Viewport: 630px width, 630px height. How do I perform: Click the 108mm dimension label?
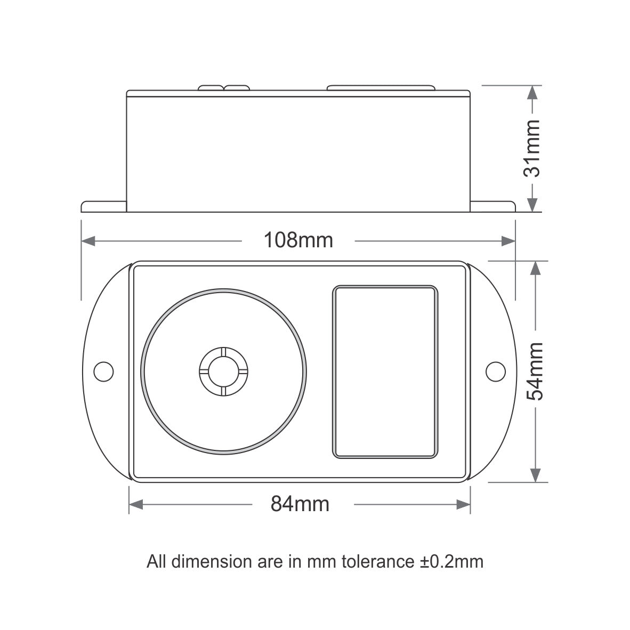tap(298, 240)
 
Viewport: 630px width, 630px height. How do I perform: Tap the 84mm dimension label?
tap(300, 504)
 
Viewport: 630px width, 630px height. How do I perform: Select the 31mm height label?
tap(532, 148)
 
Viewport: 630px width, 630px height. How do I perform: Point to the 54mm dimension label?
tap(535, 371)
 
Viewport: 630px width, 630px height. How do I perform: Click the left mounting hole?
tap(103, 371)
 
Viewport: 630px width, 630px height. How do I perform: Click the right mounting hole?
tap(496, 371)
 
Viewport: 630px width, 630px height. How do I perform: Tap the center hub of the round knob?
tap(223, 371)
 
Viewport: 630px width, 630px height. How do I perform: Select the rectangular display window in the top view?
tap(385, 372)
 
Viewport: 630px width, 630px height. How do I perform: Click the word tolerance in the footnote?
tap(378, 561)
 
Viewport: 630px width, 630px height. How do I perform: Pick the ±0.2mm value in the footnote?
tap(451, 561)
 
